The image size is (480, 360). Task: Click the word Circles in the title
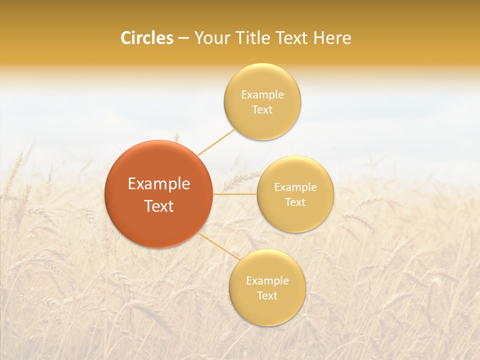coord(147,38)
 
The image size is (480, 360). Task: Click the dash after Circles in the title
coord(183,38)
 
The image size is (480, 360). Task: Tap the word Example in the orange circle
coord(159,184)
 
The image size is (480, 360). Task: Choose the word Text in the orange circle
coord(159,206)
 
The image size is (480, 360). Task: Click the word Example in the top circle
coord(262,95)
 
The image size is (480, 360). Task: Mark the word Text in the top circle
coord(262,110)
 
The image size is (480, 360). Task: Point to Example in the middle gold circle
coord(295,187)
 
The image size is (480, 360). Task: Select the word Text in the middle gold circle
coord(295,202)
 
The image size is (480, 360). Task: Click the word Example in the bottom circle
coord(267,281)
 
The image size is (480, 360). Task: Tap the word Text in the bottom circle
coord(267,296)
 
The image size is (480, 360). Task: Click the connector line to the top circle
coord(216,142)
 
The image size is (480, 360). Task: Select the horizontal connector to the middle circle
coord(235,194)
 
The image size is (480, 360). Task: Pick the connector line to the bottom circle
coord(218,246)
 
